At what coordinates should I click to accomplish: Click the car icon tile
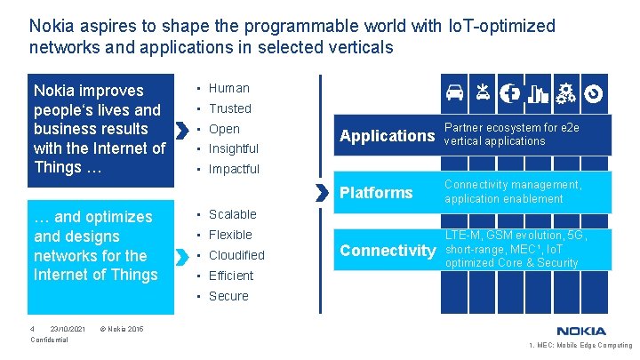click(454, 92)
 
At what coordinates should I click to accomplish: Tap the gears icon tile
click(565, 92)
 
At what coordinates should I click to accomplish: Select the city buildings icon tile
click(538, 92)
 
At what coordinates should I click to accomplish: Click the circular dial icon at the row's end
click(594, 92)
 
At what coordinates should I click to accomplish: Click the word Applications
click(387, 136)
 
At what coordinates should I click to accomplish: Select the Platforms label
click(377, 193)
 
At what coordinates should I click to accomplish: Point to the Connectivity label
click(388, 251)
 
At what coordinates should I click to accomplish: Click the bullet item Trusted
click(230, 108)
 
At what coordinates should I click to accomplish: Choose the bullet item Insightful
click(234, 148)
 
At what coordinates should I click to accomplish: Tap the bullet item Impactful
click(234, 169)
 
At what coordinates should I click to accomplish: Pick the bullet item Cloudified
click(236, 255)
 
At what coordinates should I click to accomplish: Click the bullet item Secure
click(228, 296)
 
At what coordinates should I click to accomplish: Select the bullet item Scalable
click(232, 214)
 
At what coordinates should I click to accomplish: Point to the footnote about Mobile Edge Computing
click(580, 346)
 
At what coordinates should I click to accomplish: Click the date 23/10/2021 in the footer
click(68, 329)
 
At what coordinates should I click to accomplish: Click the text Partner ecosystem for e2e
click(511, 128)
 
